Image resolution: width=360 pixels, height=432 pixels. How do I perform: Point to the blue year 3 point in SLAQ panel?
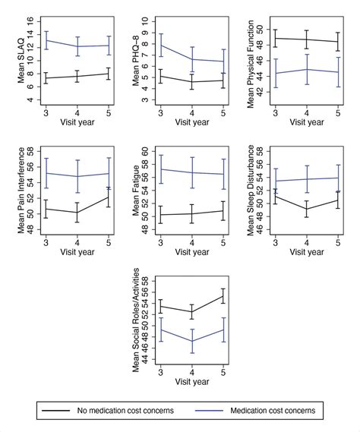point(47,40)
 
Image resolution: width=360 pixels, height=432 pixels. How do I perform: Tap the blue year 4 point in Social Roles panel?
point(191,341)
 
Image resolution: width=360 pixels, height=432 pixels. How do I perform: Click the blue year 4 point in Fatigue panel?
point(191,172)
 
